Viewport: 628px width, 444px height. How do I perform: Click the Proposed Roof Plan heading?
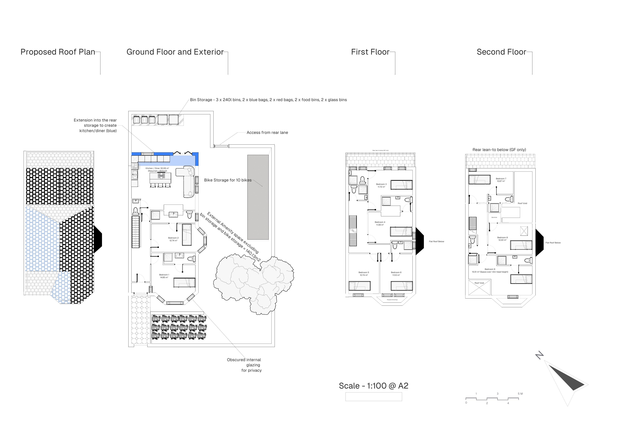tap(58, 52)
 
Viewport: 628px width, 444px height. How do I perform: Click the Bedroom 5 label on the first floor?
tap(364, 274)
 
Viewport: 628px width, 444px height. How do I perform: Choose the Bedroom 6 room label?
tap(396, 274)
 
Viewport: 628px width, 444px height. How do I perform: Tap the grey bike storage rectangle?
tap(258, 197)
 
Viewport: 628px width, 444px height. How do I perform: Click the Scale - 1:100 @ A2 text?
tap(373, 386)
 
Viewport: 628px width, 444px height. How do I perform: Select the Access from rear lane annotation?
tap(267, 133)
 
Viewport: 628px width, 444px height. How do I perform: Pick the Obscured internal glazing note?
tap(244, 365)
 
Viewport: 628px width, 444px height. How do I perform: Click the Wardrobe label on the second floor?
tap(494, 217)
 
